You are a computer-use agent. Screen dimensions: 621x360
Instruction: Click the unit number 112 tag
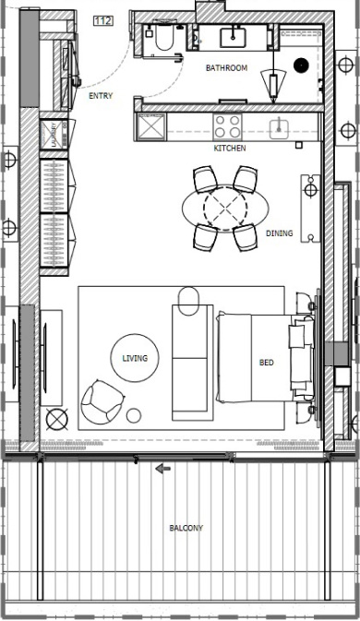coord(102,21)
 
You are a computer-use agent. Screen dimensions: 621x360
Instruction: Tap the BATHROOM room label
coord(226,68)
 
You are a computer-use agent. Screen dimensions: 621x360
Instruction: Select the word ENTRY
coord(101,95)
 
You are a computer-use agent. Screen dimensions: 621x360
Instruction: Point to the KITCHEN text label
coord(230,148)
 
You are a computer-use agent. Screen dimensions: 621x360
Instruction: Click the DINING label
coord(279,233)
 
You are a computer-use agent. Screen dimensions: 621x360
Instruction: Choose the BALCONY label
coord(186,528)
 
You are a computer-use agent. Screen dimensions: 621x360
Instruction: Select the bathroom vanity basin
coord(231,37)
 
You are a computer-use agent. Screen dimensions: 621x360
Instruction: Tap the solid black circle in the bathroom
coord(300,65)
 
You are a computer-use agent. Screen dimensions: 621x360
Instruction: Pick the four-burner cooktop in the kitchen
coord(228,125)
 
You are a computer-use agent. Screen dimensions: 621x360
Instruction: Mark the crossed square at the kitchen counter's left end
coord(150,126)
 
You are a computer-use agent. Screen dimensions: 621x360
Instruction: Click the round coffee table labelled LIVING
coord(134,358)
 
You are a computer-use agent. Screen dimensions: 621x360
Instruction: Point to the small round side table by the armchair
coord(135,415)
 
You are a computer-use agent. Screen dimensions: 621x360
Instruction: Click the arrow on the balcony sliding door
coord(162,469)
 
